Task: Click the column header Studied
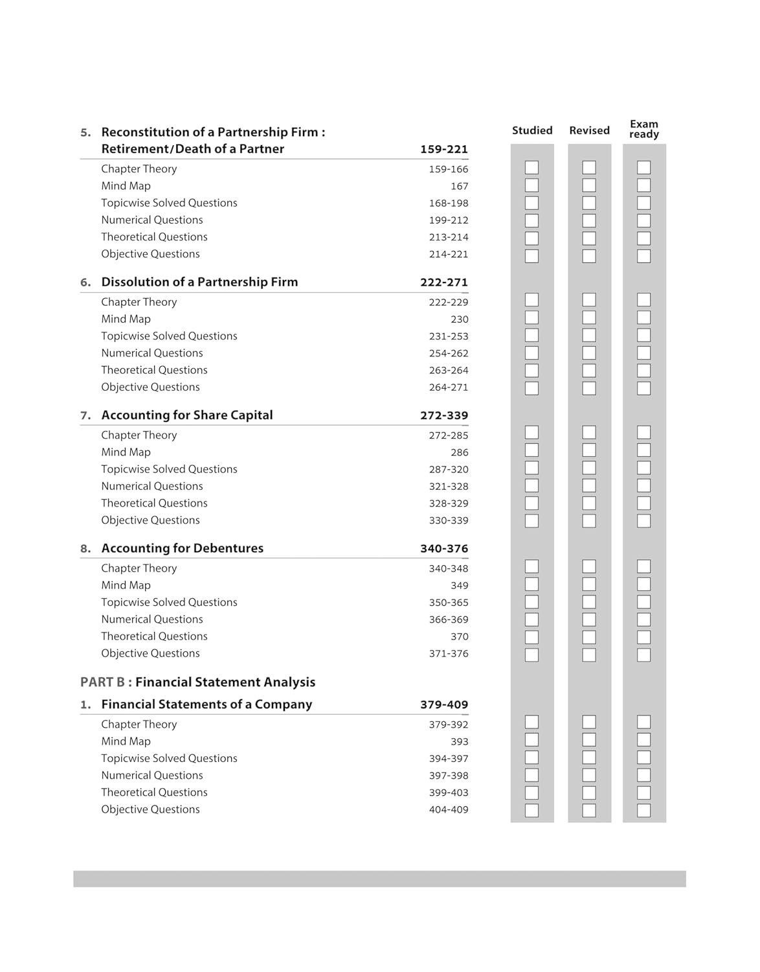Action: [532, 130]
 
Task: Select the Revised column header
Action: [589, 130]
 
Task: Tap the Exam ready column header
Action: [644, 129]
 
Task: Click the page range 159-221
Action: [443, 149]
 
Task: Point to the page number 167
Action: [459, 186]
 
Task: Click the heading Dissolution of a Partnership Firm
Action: [199, 282]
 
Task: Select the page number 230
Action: [459, 319]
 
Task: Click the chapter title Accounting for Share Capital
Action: [187, 415]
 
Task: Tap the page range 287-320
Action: [448, 469]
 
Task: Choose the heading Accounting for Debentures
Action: [183, 548]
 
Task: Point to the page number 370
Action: [459, 637]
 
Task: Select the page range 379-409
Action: [443, 704]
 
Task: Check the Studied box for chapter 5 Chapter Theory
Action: [531, 168]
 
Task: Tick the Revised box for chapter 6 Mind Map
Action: [589, 318]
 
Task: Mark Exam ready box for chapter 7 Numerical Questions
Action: [643, 485]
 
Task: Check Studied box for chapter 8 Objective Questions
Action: [531, 654]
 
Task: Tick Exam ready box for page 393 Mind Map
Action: [643, 740]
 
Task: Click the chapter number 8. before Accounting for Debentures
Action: [85, 549]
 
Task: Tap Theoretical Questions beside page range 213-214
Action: [154, 237]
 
